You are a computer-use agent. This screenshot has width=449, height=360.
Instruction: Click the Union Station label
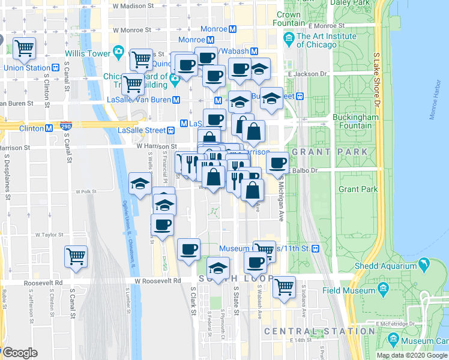(26, 68)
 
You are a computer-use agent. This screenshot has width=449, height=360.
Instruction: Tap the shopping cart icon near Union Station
(24, 48)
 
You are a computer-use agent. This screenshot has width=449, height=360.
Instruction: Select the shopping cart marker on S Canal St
(76, 256)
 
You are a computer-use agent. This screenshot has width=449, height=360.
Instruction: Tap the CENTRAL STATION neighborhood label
(319, 331)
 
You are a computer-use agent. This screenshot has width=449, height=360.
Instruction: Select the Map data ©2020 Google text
(411, 355)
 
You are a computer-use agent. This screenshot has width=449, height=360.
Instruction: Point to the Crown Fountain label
(289, 19)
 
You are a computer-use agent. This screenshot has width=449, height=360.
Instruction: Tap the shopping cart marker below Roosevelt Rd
(284, 286)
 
